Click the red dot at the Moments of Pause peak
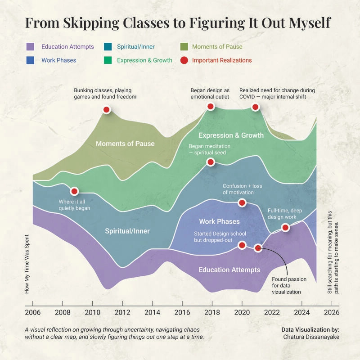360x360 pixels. coord(106,109)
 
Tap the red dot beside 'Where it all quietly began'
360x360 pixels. coord(74,191)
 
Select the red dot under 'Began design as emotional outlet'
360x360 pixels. coord(211,106)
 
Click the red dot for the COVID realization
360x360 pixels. coord(255,107)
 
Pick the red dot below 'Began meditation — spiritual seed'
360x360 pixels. coord(211,162)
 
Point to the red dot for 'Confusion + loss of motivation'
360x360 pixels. coord(242,203)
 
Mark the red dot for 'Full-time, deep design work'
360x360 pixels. coord(285,227)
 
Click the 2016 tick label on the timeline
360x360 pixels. coord(182,312)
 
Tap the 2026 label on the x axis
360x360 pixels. coord(332,312)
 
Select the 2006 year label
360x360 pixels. coord(32,312)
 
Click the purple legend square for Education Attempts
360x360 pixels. coord(30,47)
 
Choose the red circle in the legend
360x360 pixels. coord(184,60)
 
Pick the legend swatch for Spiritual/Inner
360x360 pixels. coord(108,47)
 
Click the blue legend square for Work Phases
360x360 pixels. coord(30,60)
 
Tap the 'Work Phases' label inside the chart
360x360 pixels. coord(219,221)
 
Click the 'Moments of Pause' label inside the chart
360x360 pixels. coord(125,144)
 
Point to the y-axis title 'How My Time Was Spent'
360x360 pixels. coord(27,264)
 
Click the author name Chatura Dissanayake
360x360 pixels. coord(311,337)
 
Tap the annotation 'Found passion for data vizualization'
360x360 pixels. coord(289,286)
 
